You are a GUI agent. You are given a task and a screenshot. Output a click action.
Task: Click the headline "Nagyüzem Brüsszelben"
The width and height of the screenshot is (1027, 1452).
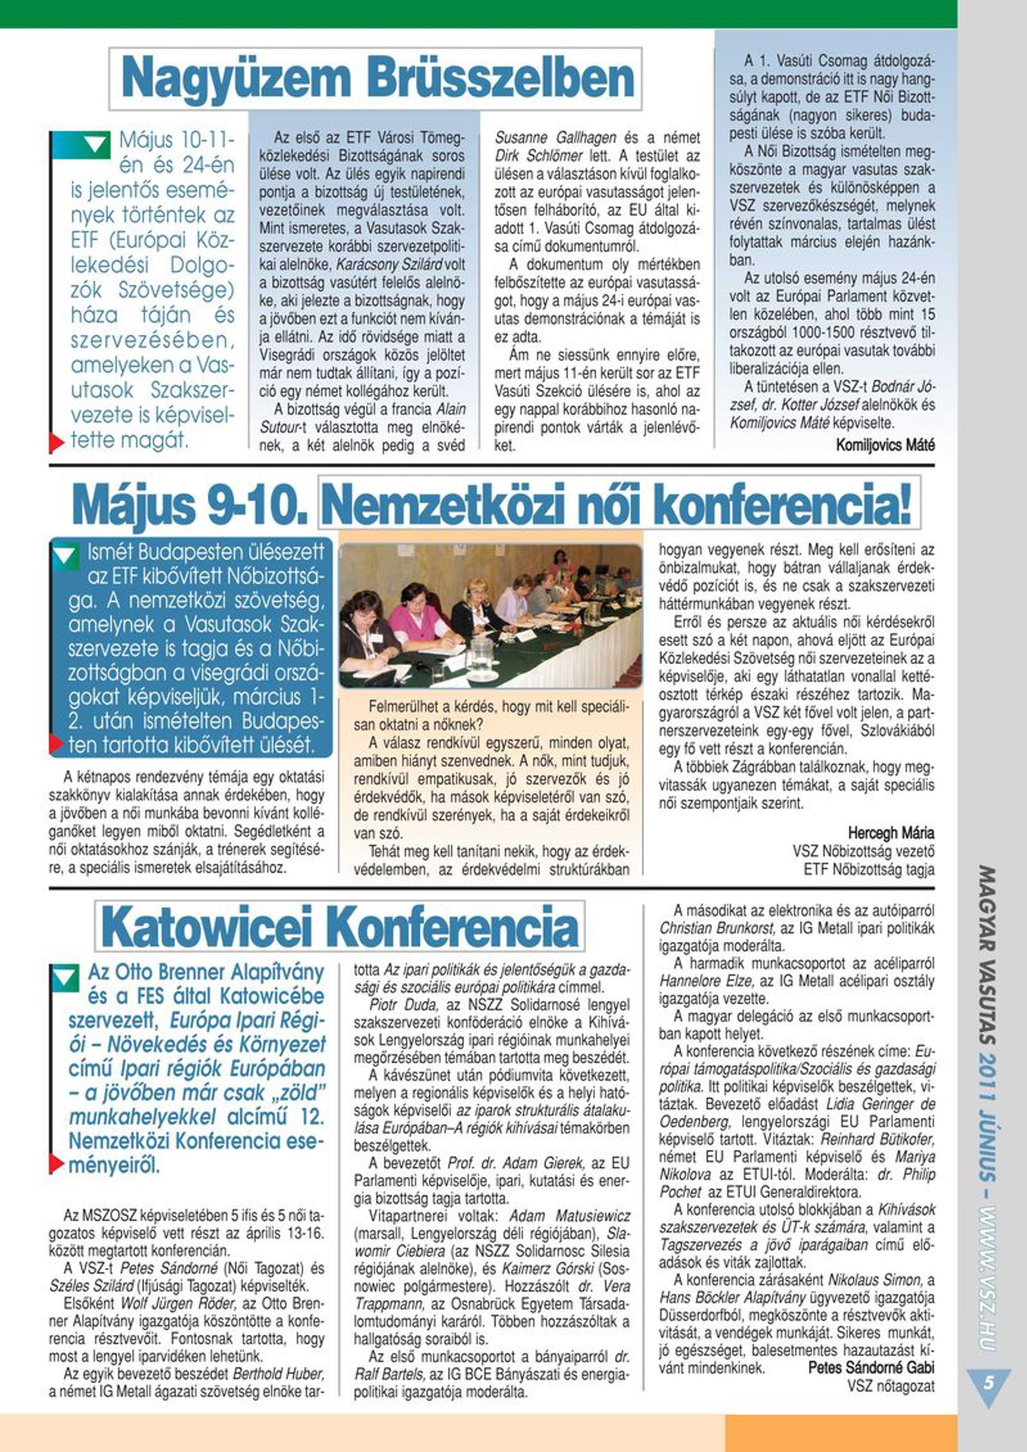[376, 79]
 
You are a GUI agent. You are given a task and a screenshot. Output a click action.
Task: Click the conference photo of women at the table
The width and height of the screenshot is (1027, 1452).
[490, 615]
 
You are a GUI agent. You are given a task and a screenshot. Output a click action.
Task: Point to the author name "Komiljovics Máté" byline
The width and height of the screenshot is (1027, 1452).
[885, 445]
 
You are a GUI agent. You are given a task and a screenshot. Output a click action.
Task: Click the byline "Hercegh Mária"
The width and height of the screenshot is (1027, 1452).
[891, 833]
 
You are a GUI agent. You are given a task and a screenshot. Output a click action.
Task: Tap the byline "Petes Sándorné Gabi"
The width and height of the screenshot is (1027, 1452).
[871, 1367]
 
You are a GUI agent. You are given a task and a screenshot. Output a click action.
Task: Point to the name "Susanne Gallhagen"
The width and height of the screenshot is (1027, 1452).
[555, 138]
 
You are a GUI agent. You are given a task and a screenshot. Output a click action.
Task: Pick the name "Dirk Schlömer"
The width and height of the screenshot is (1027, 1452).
[540, 155]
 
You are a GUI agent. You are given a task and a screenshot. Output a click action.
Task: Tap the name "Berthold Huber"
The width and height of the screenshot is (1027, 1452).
[278, 1373]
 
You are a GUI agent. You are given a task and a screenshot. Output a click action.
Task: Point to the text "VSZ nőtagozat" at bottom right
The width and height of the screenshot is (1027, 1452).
[891, 1386]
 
